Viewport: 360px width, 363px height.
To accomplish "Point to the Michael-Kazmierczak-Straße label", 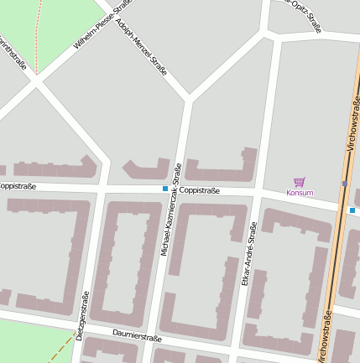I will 171,210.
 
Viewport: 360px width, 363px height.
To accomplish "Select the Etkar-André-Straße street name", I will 248,254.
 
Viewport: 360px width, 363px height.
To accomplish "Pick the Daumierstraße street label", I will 136,336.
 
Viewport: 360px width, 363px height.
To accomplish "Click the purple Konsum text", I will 300,193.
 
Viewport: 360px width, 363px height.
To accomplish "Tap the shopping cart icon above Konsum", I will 300,181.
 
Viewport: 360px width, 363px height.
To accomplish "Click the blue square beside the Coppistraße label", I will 165,189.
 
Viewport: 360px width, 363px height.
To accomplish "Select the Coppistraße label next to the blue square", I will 199,190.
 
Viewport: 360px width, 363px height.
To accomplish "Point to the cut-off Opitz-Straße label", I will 304,14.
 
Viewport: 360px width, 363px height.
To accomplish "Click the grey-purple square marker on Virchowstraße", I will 344,183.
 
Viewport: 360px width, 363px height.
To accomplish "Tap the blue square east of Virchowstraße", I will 352,210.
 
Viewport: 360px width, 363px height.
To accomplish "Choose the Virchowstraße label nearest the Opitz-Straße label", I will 352,122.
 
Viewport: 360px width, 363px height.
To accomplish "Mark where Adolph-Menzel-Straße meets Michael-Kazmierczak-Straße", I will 188,101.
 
